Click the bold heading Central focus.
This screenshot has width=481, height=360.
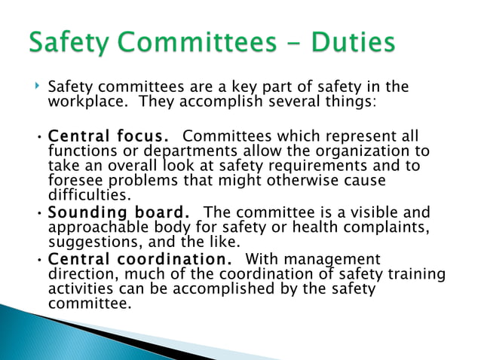coord(109,136)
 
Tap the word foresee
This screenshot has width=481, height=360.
coord(75,181)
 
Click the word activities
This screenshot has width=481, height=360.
coord(79,289)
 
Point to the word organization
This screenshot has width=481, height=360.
coord(366,151)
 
